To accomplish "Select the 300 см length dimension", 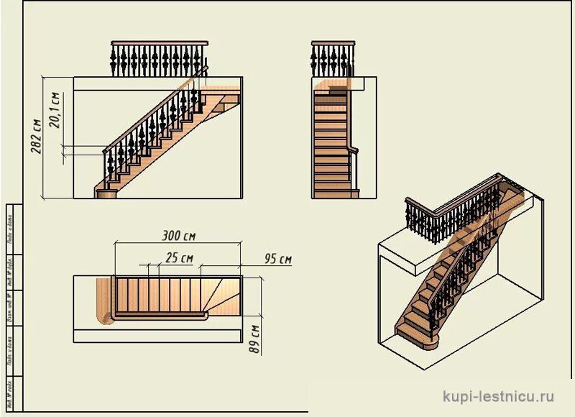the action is click(x=179, y=235).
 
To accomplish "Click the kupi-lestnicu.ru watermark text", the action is click(x=498, y=395).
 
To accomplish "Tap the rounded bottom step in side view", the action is click(x=106, y=192).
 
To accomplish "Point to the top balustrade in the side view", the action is click(x=159, y=58).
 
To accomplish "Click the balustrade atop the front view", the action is click(x=333, y=58).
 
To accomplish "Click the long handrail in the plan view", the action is click(x=158, y=316).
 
